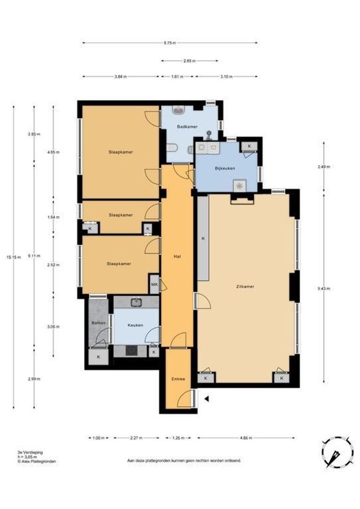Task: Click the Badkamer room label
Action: click(187, 127)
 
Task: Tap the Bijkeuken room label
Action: click(225, 168)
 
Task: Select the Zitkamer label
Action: click(245, 287)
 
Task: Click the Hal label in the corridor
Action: click(177, 256)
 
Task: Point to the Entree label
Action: click(178, 379)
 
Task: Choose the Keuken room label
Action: click(135, 325)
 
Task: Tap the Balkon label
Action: click(98, 323)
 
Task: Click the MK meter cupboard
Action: click(155, 284)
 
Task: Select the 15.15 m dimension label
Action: click(14, 257)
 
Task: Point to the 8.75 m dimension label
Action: click(170, 42)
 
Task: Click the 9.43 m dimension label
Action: click(324, 288)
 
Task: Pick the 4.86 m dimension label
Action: click(246, 438)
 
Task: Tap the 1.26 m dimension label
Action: click(178, 438)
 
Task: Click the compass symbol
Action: click(337, 452)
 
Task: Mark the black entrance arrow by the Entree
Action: click(206, 399)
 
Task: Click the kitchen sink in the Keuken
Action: click(136, 303)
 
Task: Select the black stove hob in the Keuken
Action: click(132, 351)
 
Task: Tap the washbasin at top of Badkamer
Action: click(179, 110)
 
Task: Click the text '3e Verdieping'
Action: click(30, 452)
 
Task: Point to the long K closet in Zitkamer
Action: click(203, 238)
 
